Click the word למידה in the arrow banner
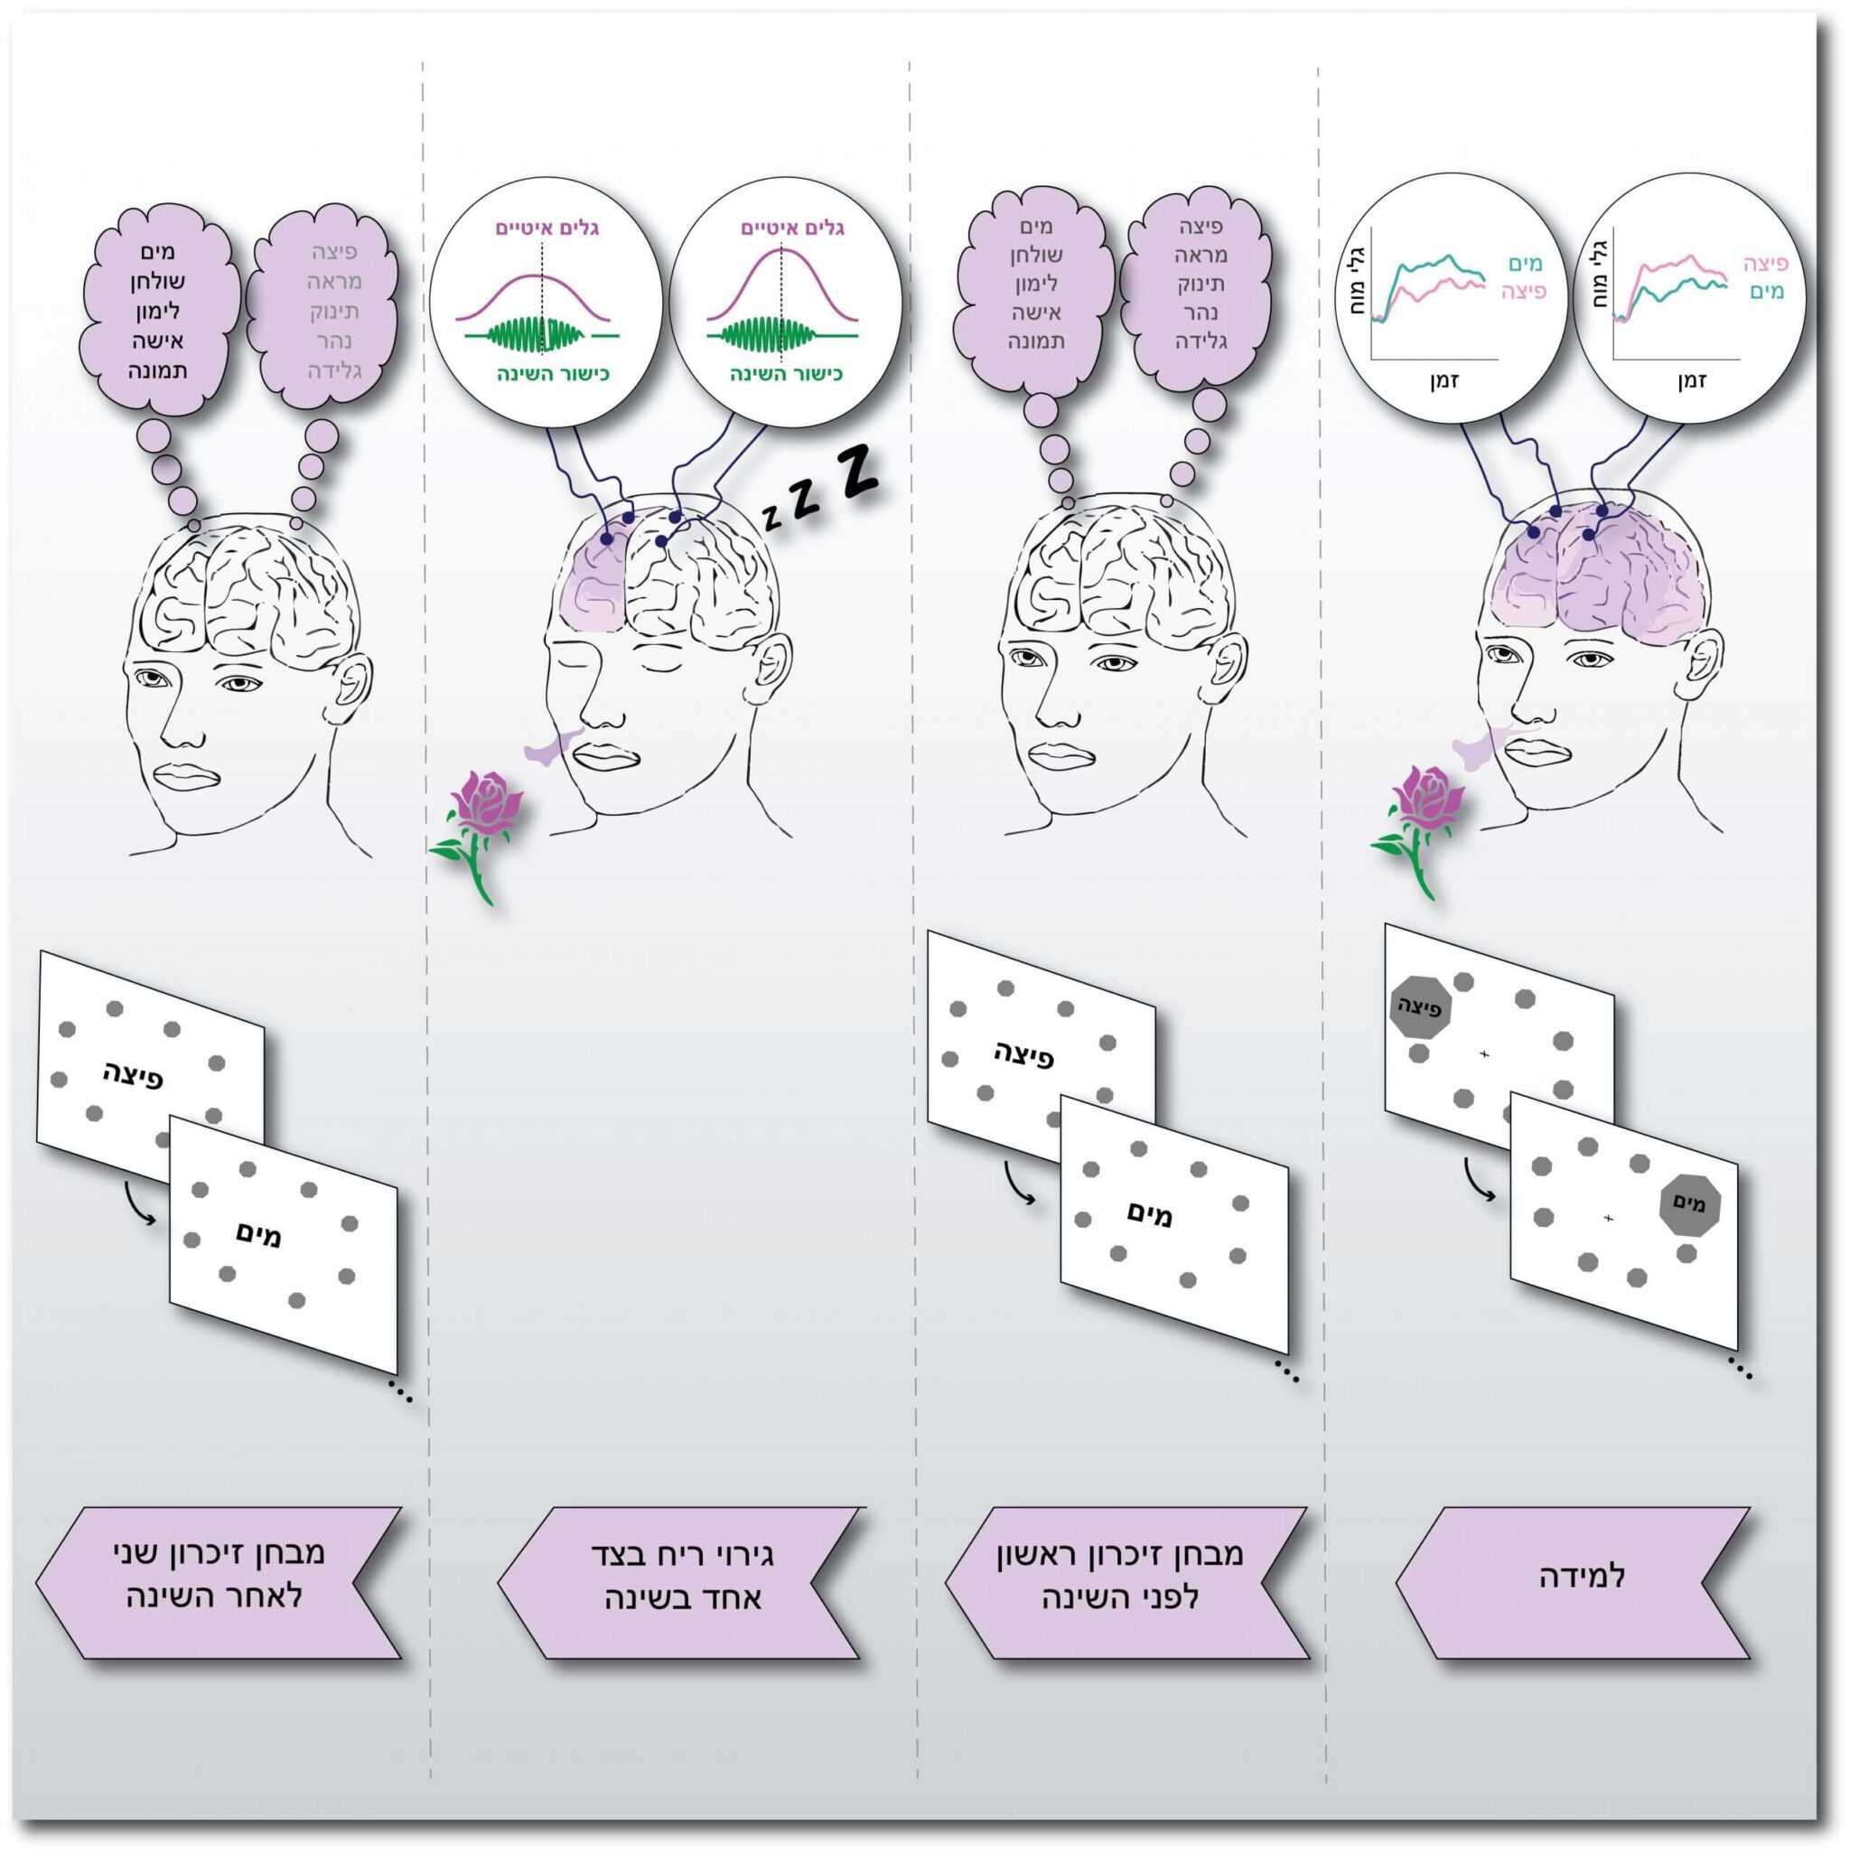[x=1582, y=1577]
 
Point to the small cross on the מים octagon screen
[x=1608, y=1218]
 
